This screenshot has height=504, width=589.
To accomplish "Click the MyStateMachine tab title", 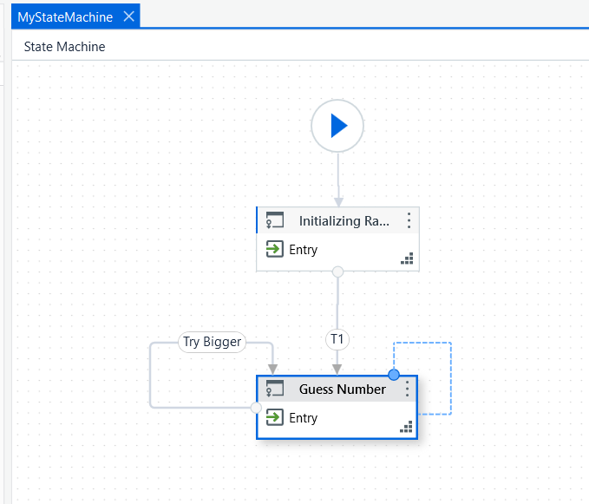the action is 65,17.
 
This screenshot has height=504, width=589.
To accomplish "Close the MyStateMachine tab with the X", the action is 129,16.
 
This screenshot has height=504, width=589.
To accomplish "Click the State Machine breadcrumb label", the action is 64,47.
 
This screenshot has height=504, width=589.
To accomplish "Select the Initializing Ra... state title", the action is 344,221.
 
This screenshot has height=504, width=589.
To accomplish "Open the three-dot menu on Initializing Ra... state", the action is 409,220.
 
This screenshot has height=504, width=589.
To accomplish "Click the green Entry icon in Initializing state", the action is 275,249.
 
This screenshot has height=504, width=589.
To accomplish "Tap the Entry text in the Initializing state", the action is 303,250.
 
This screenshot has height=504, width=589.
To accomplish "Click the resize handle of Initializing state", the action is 407,259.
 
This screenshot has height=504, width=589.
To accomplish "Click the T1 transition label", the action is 337,339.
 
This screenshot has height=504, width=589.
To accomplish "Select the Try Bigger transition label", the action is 212,342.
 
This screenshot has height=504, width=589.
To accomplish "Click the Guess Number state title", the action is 342,389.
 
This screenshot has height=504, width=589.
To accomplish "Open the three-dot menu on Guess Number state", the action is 408,389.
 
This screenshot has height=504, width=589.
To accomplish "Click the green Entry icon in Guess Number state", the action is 275,417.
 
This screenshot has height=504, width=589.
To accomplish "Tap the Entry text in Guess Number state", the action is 303,418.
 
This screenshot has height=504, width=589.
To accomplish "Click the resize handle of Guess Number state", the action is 406,427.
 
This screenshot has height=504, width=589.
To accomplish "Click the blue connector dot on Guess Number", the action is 394,375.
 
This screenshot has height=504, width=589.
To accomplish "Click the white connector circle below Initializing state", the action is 338,272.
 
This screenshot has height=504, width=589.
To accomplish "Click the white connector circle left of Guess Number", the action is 256,408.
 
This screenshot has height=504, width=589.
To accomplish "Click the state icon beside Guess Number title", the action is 275,388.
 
